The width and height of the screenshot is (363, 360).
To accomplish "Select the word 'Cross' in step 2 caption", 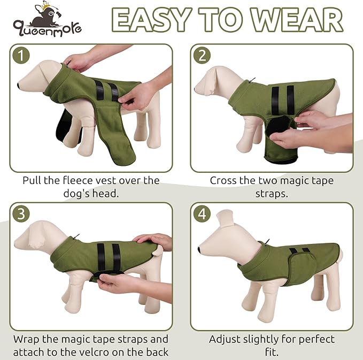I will pyautogui.click(x=224, y=180).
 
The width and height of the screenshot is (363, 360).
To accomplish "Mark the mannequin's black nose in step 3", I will pyautogui.click(x=16, y=245).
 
